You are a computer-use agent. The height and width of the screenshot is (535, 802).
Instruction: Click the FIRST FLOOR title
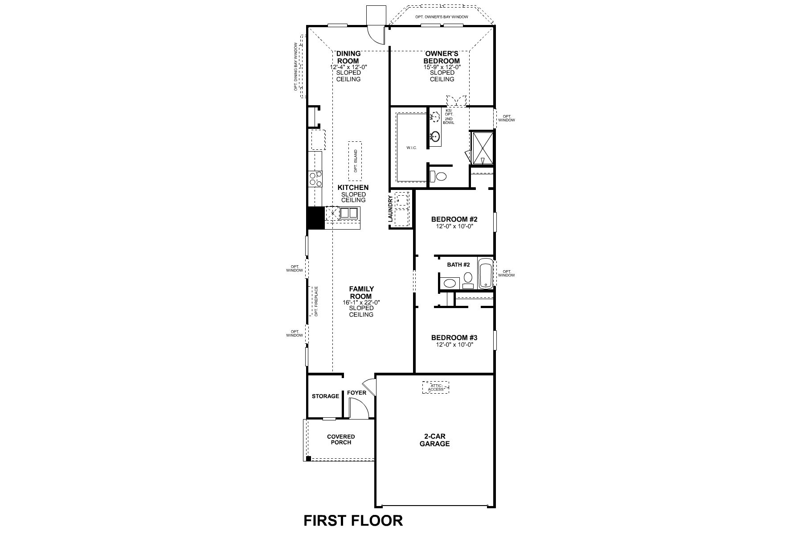[x=353, y=520]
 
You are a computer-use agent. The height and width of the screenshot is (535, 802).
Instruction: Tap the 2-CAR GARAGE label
[x=434, y=440]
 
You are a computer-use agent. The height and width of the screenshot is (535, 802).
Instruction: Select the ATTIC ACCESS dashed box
[x=435, y=387]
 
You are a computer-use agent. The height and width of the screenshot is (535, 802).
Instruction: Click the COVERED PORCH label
[x=341, y=440]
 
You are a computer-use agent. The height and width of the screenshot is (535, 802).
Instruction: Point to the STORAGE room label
[x=325, y=396]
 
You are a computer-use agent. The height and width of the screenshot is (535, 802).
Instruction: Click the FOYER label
[x=356, y=393]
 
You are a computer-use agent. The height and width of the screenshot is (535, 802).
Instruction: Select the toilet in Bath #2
[x=468, y=280]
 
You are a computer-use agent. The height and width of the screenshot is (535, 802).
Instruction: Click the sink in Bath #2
[x=450, y=283]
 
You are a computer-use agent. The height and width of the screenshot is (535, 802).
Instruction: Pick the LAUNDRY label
[x=391, y=209]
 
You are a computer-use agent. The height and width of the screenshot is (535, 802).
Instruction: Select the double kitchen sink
[x=349, y=213]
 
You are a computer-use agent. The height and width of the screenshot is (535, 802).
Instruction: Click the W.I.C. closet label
[x=411, y=148]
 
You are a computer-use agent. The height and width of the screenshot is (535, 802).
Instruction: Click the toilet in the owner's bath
[x=439, y=177]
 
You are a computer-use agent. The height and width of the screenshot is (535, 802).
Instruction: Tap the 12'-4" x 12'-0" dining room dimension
[x=348, y=67]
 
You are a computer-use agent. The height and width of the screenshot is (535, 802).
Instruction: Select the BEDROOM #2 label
[x=454, y=219]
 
